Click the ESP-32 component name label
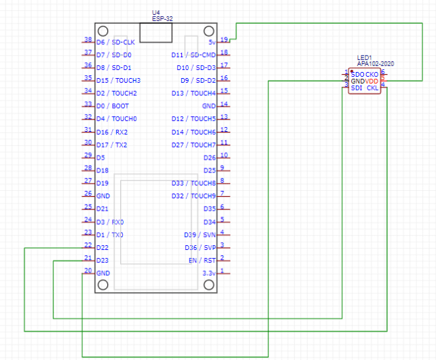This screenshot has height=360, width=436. point(162,19)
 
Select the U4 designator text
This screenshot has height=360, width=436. point(156,13)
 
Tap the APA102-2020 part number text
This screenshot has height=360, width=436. point(375,64)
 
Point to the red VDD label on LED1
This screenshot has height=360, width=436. point(372,81)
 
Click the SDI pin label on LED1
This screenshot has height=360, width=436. point(356,88)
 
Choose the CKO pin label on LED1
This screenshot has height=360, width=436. point(372,74)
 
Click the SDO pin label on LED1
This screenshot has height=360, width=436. point(357,74)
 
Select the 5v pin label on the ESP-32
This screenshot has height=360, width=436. point(212,41)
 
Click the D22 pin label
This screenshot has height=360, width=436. point(103,248)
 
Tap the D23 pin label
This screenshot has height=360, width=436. point(103,261)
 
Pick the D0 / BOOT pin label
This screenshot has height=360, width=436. point(113,106)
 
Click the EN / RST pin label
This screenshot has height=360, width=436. point(202,261)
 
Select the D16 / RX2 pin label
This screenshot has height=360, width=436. point(112,132)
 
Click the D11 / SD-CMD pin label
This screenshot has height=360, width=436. point(193,54)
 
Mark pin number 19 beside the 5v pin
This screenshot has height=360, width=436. point(224,39)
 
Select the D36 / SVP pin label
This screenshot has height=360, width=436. point(200,248)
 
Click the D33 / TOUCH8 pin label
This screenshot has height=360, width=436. point(193,183)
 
